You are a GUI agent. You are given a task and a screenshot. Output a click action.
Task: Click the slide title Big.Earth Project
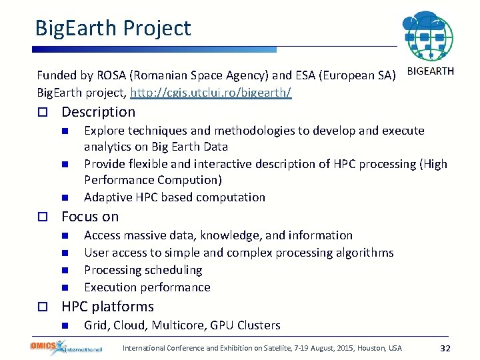point(113,28)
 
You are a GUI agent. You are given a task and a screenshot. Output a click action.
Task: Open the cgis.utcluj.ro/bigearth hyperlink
point(211,92)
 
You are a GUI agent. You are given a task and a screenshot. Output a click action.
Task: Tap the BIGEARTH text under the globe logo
point(430,71)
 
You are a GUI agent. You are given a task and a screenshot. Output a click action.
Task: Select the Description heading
point(98,112)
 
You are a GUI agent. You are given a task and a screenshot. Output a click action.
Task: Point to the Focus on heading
point(90,217)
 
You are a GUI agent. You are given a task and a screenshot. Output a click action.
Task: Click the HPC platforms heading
point(107,307)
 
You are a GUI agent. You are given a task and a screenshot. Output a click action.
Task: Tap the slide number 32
point(446,348)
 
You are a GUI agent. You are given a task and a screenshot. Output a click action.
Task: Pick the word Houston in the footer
point(371,348)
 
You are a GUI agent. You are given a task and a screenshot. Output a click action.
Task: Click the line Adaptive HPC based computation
point(175,197)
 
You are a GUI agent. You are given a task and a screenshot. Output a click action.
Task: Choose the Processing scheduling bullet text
point(143,270)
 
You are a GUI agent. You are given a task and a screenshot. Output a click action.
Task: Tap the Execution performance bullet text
point(147,287)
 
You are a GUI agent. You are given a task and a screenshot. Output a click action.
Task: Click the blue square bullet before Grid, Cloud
point(65,325)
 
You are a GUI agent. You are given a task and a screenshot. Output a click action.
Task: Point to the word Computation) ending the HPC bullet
point(189,180)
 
